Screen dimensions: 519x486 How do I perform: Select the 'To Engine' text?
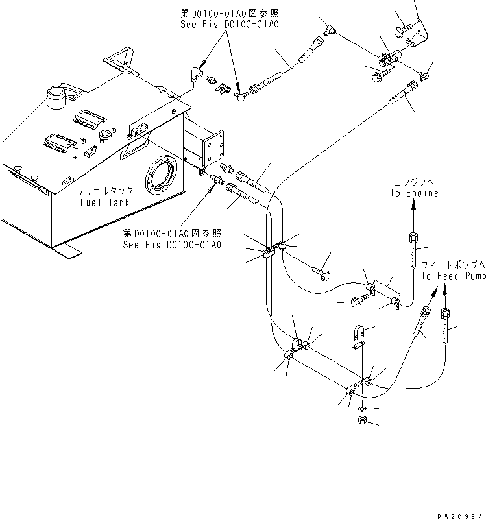413,193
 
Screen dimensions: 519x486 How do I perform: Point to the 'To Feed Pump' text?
453,276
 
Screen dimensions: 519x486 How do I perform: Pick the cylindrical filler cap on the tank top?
55,100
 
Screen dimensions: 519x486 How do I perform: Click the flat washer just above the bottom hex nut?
361,409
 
